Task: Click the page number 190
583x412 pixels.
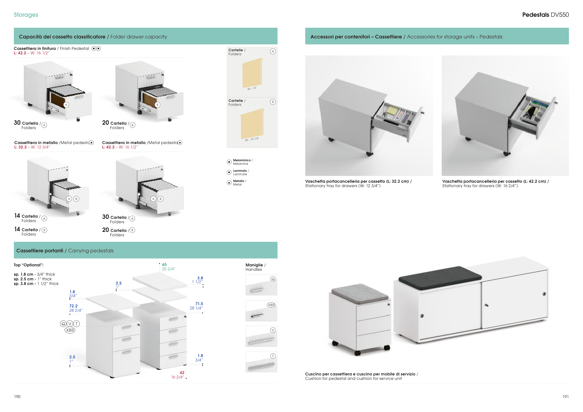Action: tap(17, 397)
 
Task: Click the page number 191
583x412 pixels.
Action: tap(566, 397)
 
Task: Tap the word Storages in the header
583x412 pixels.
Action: tap(26, 15)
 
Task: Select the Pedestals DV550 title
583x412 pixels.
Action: tap(545, 15)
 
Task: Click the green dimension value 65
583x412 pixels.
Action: tap(164, 264)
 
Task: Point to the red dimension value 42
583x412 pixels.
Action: tap(182, 372)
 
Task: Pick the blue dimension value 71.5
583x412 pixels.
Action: tap(199, 303)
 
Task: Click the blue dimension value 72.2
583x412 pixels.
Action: tap(73, 306)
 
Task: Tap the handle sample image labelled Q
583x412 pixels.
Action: tap(261, 285)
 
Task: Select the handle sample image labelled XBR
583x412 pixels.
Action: tap(261, 311)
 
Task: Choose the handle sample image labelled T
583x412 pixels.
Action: tap(261, 362)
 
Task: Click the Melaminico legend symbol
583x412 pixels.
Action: tap(229, 162)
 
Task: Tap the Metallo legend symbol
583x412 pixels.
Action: tap(229, 183)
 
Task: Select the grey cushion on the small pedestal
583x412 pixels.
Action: tap(360, 294)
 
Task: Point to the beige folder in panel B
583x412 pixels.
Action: tap(252, 124)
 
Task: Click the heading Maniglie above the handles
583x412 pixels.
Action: tap(254, 265)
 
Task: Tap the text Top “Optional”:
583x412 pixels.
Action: tap(28, 265)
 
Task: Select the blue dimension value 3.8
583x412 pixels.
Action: tap(200, 278)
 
